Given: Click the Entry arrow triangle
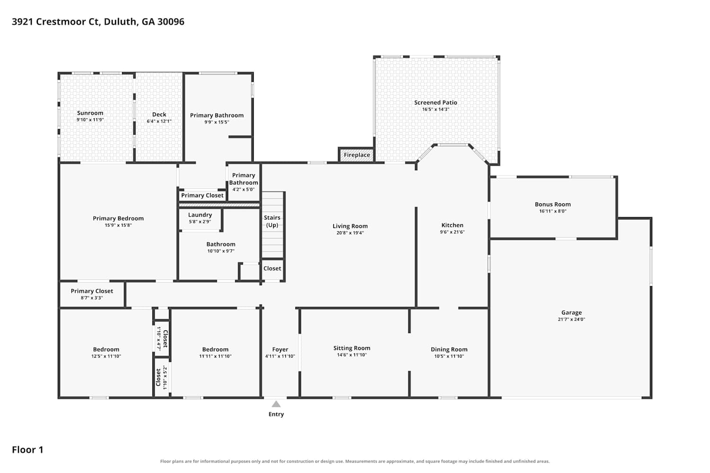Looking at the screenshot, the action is click(276, 404).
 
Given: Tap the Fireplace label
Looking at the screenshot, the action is click(357, 155).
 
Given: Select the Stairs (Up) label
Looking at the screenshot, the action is click(272, 221).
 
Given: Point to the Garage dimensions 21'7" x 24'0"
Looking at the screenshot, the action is click(571, 319).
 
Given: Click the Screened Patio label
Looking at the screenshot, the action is click(435, 102).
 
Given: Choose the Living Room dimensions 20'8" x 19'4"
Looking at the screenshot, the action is click(350, 233).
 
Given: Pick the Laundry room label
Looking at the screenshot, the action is click(200, 215).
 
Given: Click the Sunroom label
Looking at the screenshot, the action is click(90, 113).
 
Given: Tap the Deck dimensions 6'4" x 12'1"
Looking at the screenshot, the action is click(159, 121).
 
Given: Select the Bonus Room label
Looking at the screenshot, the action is click(553, 204).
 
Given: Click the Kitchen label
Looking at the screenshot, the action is click(453, 225).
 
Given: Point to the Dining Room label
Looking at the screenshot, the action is click(449, 349).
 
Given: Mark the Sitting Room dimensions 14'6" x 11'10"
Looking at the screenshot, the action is click(352, 355).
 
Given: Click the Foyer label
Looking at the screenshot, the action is click(280, 349).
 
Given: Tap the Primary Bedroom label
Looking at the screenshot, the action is click(118, 218).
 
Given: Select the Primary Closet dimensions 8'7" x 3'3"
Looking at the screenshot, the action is click(92, 298).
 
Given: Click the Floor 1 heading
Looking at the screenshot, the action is click(27, 449).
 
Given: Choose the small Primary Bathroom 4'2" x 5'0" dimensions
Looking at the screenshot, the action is click(243, 190).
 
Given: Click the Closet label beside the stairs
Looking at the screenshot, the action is click(272, 268).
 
